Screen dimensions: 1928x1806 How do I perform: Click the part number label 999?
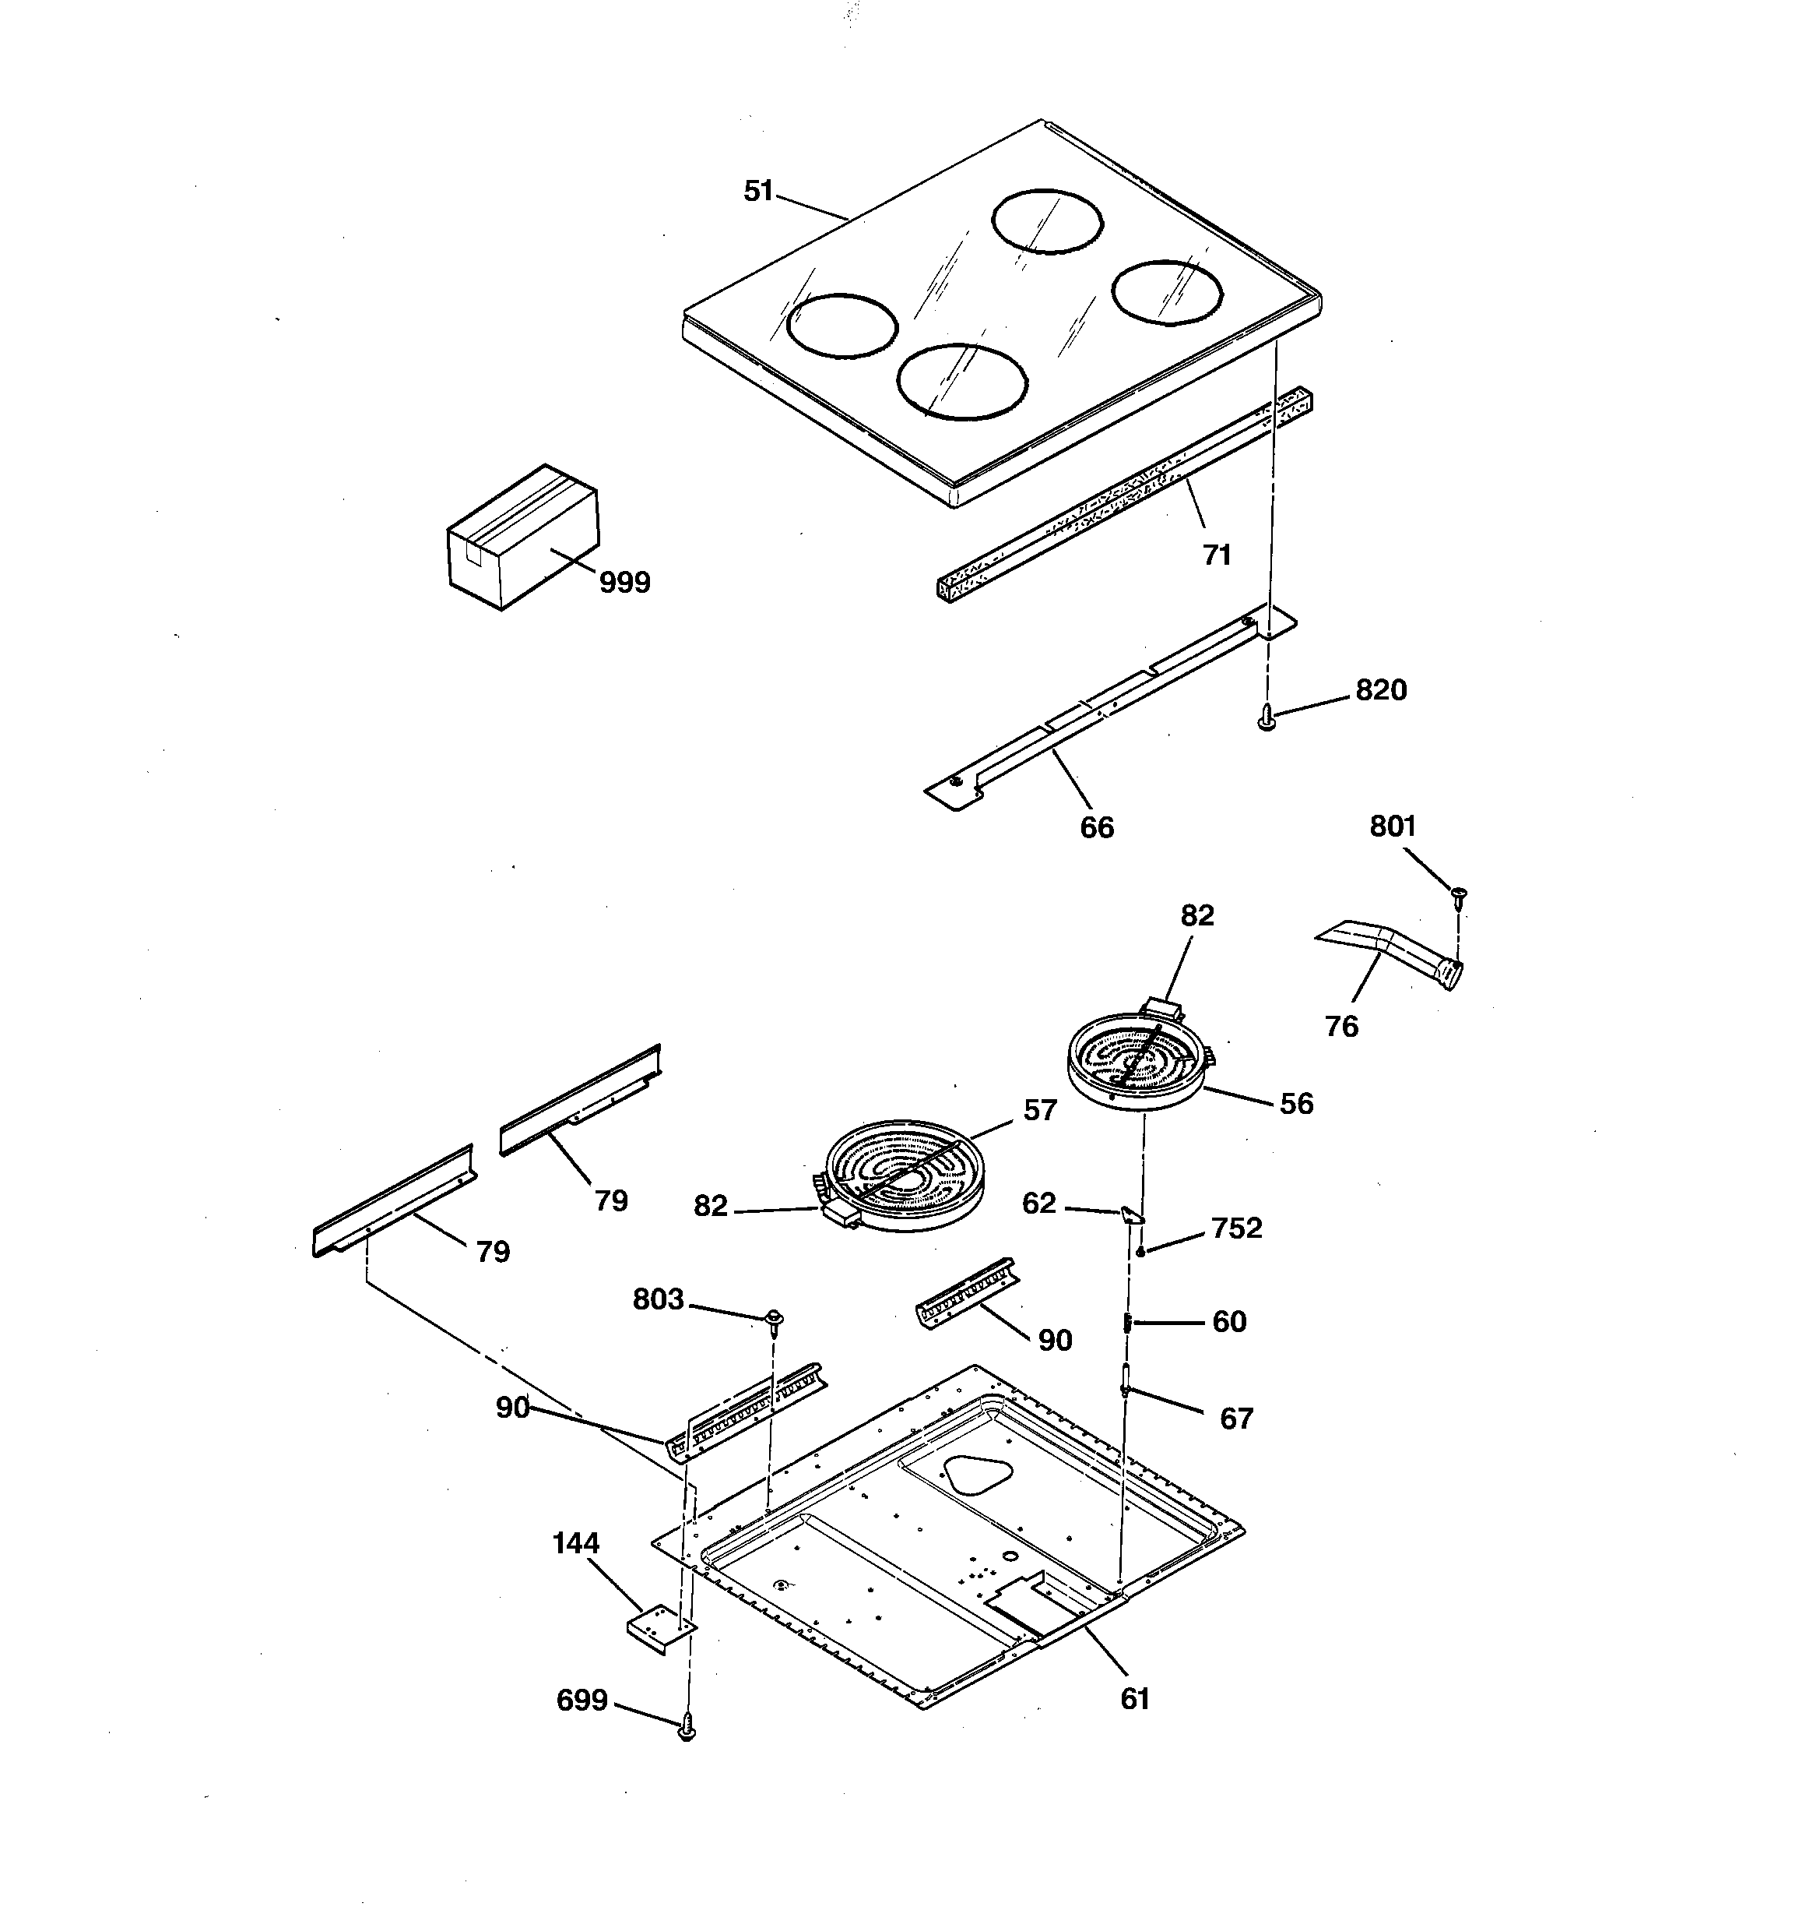point(624,583)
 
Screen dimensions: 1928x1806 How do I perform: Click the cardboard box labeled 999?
point(522,538)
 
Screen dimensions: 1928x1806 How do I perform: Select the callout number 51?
point(758,191)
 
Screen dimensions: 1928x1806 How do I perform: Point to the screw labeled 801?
point(1457,894)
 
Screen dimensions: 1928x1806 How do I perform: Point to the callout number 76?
point(1340,1026)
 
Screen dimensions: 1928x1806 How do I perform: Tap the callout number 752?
point(1236,1228)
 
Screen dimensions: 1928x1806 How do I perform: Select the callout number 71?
point(1217,555)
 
